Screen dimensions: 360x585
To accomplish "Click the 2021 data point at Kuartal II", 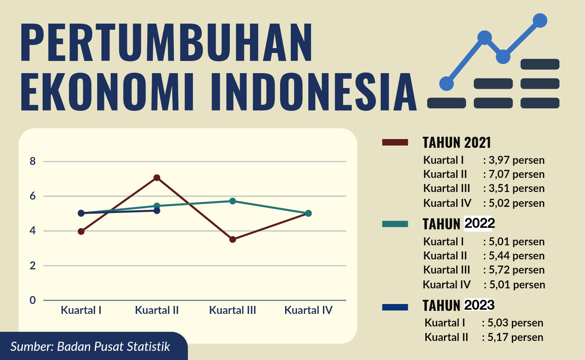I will [x=157, y=178].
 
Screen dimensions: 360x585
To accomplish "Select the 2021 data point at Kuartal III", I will [x=232, y=239].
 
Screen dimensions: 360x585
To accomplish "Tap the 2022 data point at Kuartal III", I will [x=232, y=201].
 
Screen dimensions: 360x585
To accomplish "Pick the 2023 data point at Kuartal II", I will [x=157, y=210].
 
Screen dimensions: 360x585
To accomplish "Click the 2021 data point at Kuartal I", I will [x=81, y=231].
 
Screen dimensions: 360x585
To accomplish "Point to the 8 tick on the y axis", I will [x=33, y=162].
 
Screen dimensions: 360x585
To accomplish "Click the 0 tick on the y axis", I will [x=33, y=300].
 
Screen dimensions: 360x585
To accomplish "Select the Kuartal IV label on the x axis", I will [x=308, y=310].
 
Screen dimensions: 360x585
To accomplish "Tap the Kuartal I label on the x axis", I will [x=81, y=310].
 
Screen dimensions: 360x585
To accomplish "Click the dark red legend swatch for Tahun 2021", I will [x=395, y=142].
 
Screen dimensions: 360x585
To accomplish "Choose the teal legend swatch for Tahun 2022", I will [x=395, y=224].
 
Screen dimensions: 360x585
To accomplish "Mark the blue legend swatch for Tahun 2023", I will [x=395, y=307].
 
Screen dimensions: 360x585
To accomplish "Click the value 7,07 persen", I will [x=516, y=174].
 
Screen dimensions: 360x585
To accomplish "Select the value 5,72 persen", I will [x=516, y=270].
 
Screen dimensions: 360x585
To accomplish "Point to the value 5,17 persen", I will [x=515, y=337].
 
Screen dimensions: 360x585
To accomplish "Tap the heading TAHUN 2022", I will [x=458, y=224].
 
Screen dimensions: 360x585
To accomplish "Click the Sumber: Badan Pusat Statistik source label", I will [x=90, y=347].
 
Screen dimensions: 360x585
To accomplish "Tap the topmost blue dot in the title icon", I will [x=540, y=21].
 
